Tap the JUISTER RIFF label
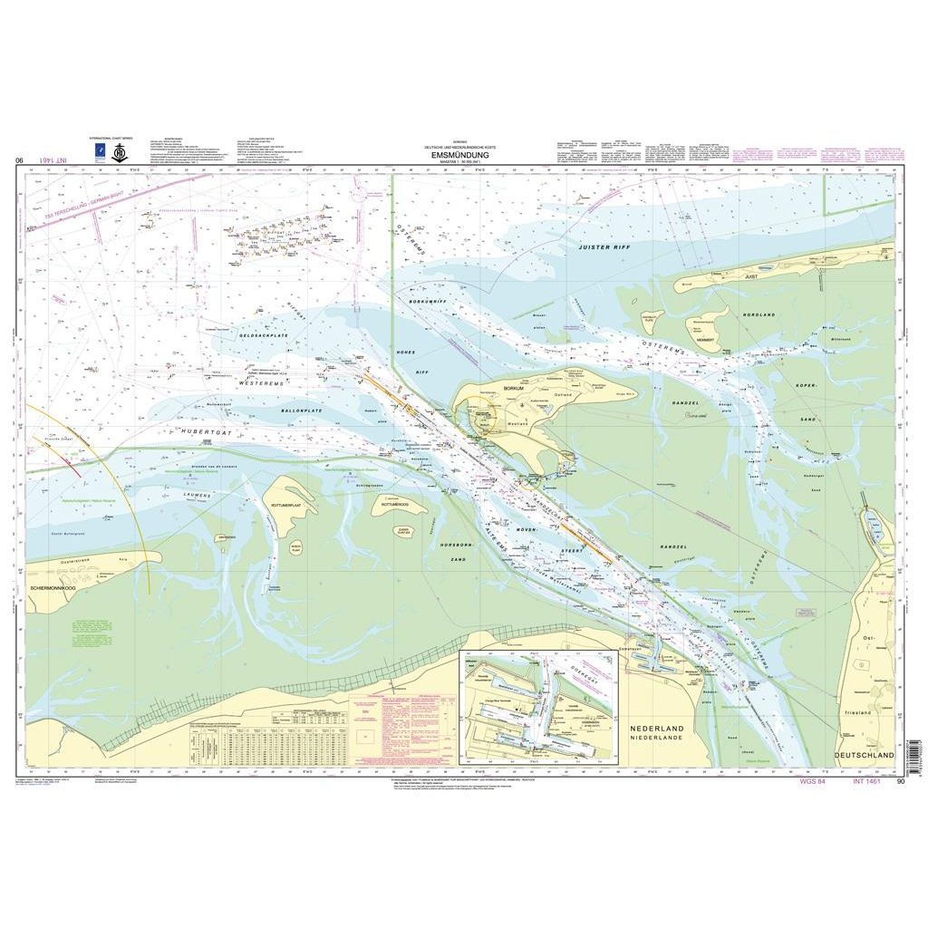pyautogui.click(x=604, y=246)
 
